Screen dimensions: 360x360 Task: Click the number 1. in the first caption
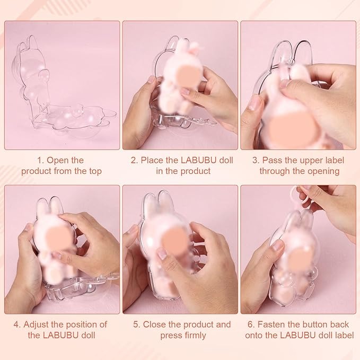tap(40, 160)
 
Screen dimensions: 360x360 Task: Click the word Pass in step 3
tap(273, 160)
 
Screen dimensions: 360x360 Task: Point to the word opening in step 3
tap(323, 171)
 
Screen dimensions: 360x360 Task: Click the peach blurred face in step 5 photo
tap(175, 240)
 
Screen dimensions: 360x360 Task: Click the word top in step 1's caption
tap(95, 172)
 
